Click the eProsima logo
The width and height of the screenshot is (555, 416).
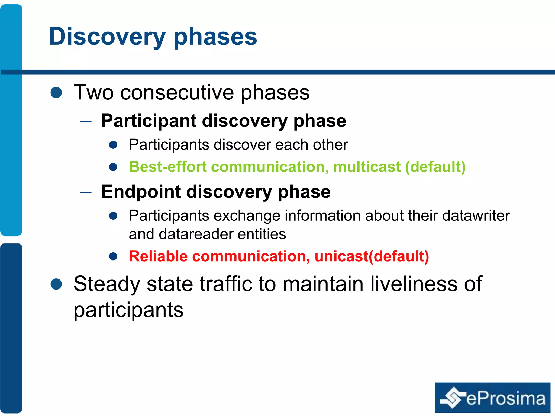(x=492, y=398)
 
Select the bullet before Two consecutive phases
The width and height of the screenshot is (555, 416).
(x=56, y=93)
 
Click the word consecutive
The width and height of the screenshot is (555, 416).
(x=177, y=93)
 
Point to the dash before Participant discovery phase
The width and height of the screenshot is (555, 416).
(x=86, y=122)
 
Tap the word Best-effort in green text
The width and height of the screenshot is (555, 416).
(x=168, y=167)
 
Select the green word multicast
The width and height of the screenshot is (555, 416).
(x=367, y=167)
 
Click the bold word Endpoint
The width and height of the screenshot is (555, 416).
(x=141, y=192)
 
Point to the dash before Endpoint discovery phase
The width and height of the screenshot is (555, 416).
(x=86, y=193)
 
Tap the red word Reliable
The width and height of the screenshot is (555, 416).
(x=158, y=256)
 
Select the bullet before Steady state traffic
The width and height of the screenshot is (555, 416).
(x=56, y=284)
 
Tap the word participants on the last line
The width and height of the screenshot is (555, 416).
(x=128, y=310)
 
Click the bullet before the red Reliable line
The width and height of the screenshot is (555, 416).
(x=113, y=256)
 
